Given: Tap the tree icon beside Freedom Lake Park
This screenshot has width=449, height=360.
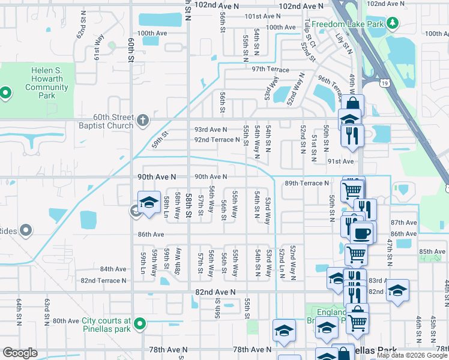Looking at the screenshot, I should [x=393, y=23].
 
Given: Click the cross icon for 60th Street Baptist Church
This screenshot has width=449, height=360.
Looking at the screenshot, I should [x=142, y=120].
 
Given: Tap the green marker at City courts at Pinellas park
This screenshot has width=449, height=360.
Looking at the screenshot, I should [x=140, y=324].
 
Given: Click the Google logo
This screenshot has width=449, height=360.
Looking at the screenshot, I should [x=20, y=352].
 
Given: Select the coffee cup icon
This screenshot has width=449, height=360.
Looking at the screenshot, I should [x=361, y=233].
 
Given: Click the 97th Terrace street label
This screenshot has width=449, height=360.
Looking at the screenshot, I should [x=270, y=70].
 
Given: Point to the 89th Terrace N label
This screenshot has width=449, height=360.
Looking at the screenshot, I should [x=307, y=183].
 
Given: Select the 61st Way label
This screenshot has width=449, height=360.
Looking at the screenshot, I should [x=98, y=46].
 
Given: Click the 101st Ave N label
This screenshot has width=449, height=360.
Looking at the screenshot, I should [x=262, y=17].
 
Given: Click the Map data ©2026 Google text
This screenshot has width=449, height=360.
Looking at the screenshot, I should [x=412, y=355].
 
